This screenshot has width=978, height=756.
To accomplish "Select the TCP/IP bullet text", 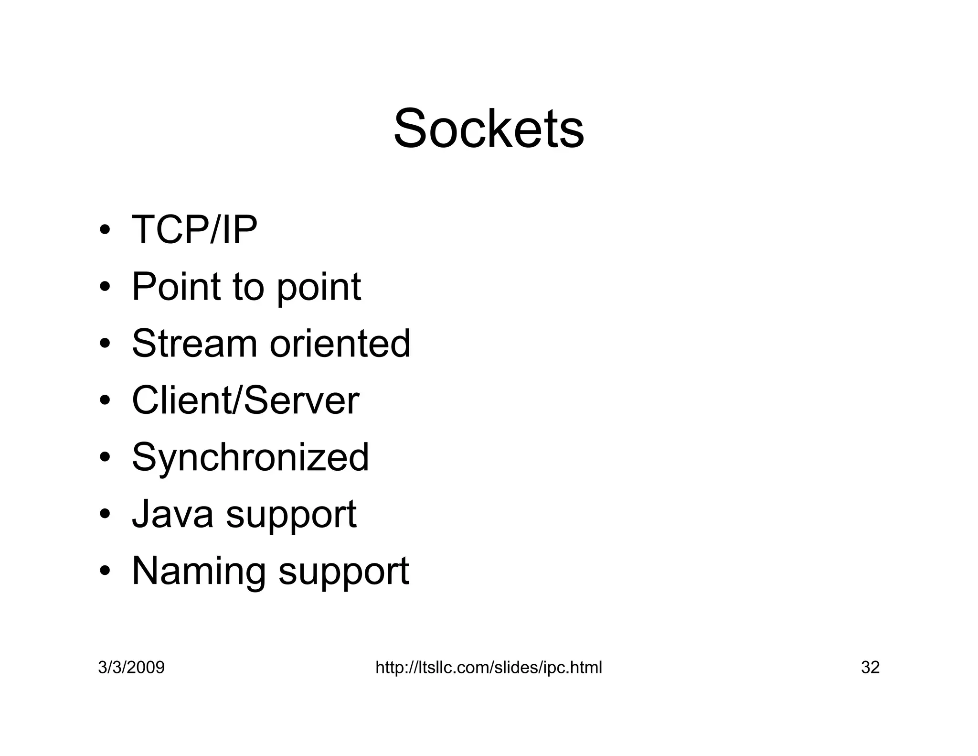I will point(194,230).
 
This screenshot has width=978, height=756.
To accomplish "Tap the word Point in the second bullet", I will point(176,287).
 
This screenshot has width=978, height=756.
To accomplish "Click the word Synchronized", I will point(250,458).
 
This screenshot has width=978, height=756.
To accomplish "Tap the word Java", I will point(172,514).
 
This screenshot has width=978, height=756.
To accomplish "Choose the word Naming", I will point(198,571).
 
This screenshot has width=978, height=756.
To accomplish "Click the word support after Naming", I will point(344,572).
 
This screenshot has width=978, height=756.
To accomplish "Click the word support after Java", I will point(291,515).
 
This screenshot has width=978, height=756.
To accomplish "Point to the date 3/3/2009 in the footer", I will point(131,667).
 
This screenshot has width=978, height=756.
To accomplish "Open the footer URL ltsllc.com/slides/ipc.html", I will point(489,667).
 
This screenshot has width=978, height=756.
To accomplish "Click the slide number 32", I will point(870,667).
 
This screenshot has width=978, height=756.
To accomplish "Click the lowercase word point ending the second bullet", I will point(319,288).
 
